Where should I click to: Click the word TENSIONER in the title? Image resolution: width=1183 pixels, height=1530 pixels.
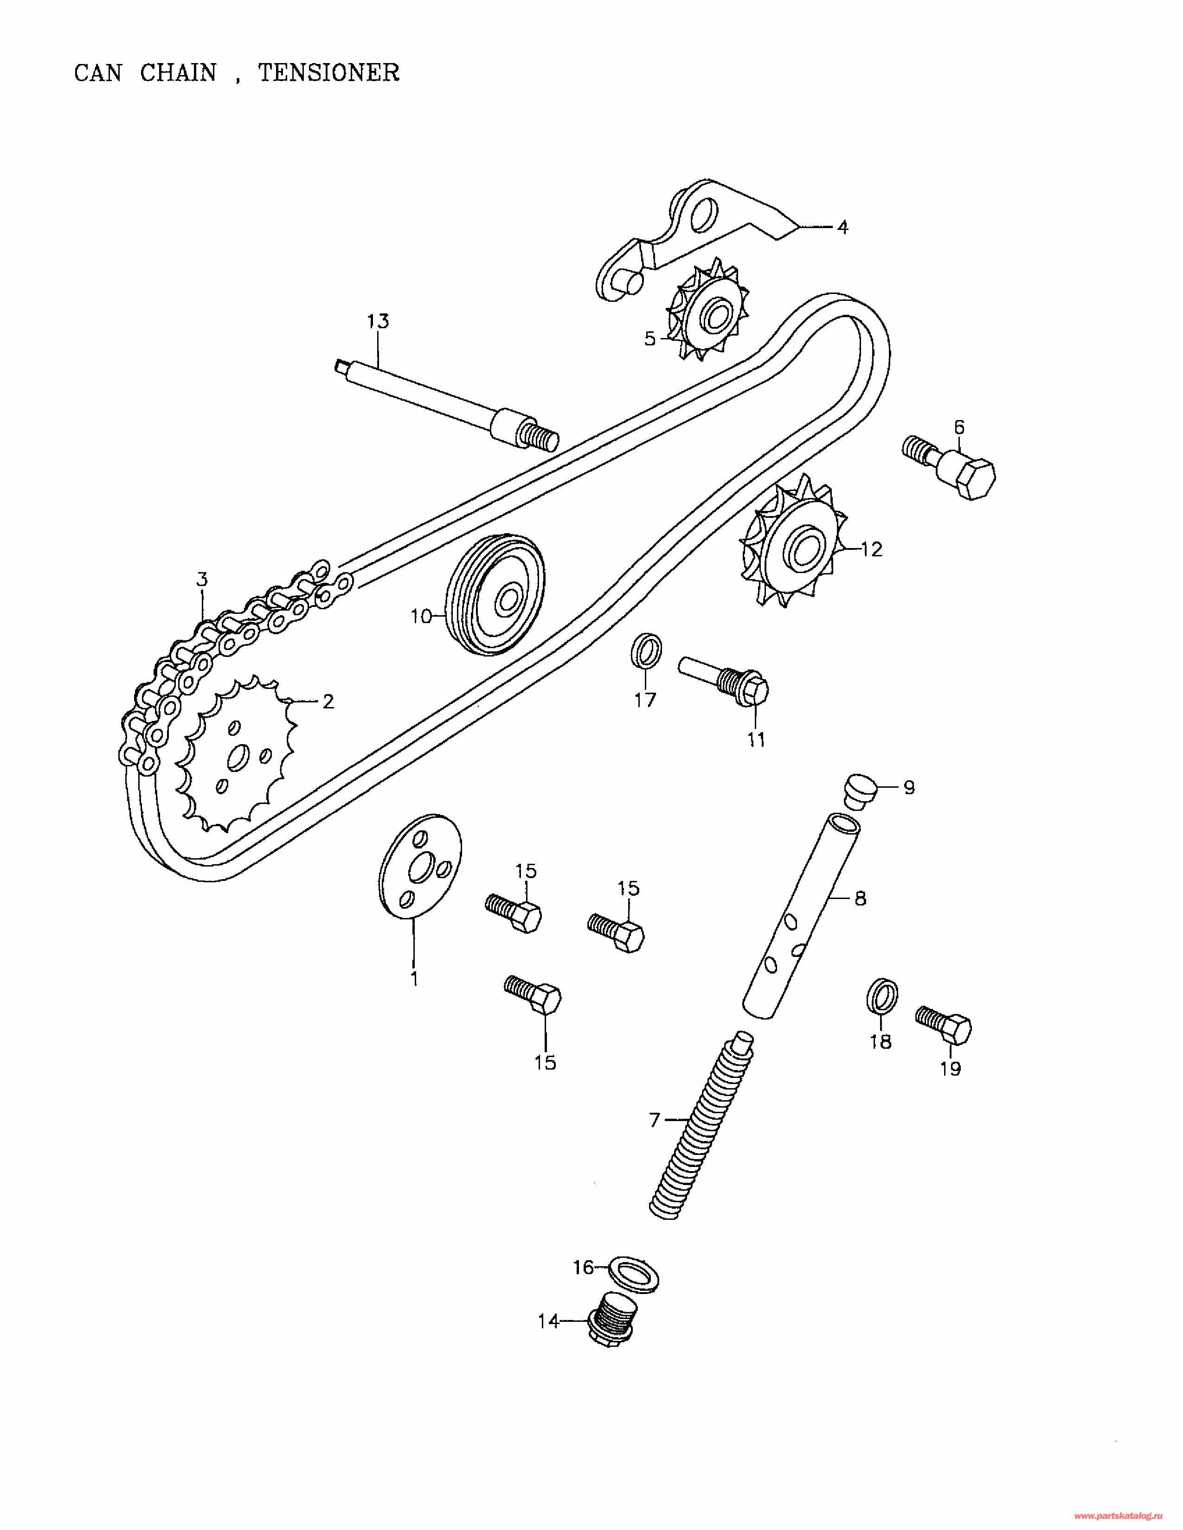click(x=329, y=73)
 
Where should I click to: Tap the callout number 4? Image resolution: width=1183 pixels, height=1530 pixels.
click(x=843, y=227)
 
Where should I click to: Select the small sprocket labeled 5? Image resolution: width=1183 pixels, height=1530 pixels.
click(x=708, y=308)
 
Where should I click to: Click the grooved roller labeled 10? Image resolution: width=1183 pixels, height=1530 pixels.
click(x=495, y=595)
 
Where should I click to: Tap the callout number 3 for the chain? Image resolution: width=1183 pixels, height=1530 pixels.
click(x=202, y=580)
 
